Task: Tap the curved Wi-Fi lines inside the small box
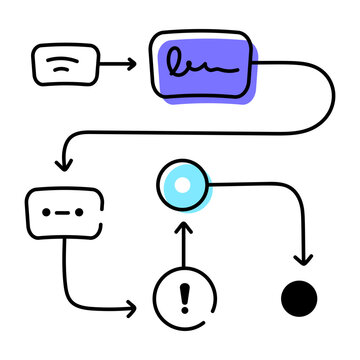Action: point(63,63)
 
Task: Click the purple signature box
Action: point(206,64)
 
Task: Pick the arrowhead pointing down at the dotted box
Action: point(65,162)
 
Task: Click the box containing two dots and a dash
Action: point(65,211)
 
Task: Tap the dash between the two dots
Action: point(64,212)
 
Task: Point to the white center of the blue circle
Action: point(182,183)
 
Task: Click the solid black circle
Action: point(299,298)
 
